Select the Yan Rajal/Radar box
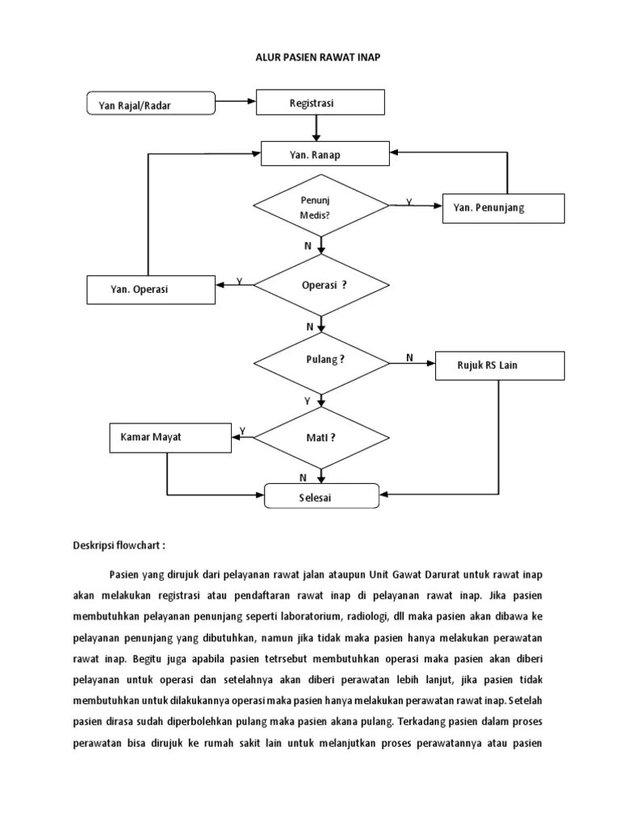tap(151, 104)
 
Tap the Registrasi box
tap(320, 103)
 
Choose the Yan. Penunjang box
tap(503, 208)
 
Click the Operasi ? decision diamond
tap(321, 285)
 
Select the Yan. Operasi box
tap(151, 290)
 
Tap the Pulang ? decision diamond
tap(321, 361)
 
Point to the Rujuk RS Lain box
tap(498, 365)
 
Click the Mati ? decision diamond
tap(321, 437)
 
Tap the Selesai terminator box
tap(321, 497)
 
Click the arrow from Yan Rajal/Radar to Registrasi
tap(236, 102)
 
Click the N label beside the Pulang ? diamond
tap(409, 357)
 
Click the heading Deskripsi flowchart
tap(118, 545)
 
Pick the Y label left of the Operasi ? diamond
tap(239, 281)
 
